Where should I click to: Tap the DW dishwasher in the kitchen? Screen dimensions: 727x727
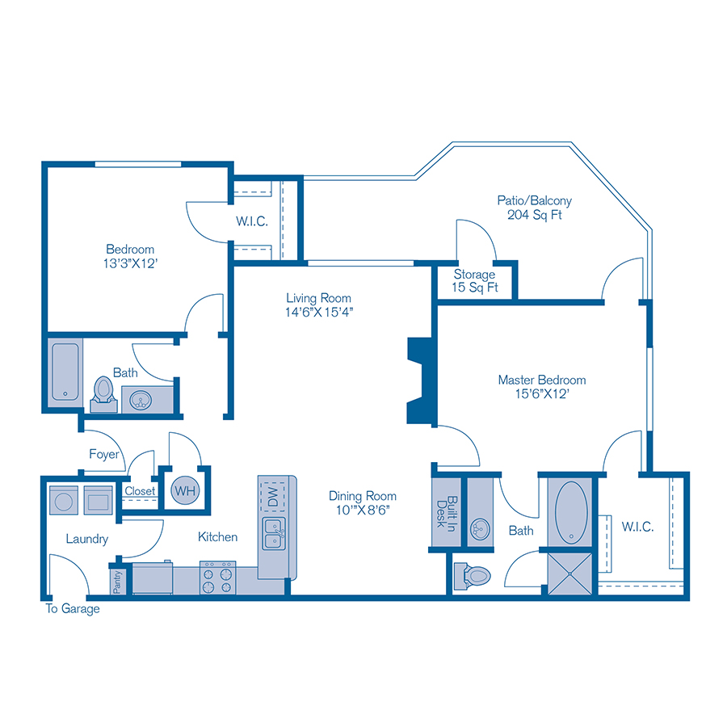coord(272,494)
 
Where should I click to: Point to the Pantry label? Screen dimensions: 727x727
coord(118,582)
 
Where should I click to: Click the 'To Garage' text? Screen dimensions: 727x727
coord(73,609)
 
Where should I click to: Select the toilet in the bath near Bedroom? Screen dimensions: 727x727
coord(103,391)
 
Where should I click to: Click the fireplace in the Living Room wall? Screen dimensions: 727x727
coord(419,380)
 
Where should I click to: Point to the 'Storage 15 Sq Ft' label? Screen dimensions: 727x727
coord(474,281)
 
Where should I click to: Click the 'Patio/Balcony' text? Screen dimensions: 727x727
coord(534,200)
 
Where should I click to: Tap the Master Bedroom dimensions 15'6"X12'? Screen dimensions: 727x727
coord(541,395)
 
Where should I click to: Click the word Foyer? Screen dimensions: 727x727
coord(104,454)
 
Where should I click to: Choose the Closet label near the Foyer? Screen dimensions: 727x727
coord(140,490)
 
